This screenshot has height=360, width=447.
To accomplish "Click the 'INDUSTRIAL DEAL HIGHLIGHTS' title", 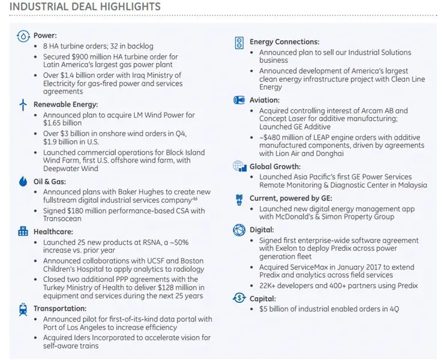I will click(x=85, y=7).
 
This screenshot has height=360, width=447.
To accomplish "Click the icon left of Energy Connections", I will click(x=239, y=43).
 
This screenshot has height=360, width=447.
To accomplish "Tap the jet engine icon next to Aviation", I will click(x=239, y=100).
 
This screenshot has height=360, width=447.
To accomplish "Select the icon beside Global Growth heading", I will click(x=239, y=166).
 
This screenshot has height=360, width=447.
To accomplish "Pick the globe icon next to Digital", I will click(x=239, y=229).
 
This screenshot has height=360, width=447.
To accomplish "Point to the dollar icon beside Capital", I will click(x=239, y=298).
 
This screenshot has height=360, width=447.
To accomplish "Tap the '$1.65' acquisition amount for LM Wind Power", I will click(x=54, y=123).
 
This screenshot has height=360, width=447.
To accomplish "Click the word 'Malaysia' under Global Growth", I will click(x=410, y=186).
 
